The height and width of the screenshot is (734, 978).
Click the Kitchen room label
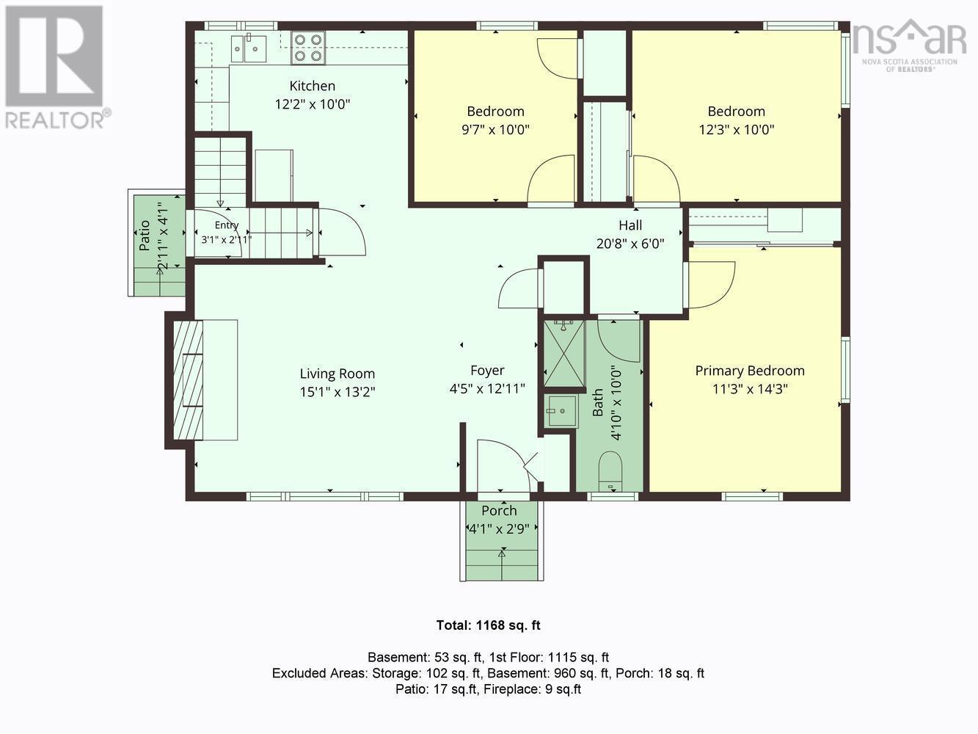[312, 86]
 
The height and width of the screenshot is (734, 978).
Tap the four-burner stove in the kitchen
[308, 48]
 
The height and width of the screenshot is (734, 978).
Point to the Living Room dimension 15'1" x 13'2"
[337, 392]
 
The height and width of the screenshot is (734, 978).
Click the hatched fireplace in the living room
[188, 380]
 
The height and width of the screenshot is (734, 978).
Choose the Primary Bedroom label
[750, 371]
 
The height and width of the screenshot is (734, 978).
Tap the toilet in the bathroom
[610, 471]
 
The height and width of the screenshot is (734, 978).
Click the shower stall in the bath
[563, 353]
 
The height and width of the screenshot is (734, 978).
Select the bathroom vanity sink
[562, 411]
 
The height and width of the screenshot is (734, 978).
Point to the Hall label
[630, 225]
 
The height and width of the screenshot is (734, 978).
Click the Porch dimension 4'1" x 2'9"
[499, 529]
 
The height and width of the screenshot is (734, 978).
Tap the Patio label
[144, 236]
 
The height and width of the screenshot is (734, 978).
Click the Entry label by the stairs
[227, 225]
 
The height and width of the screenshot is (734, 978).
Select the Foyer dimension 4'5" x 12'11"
[487, 389]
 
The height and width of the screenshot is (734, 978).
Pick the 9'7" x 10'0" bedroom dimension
[495, 130]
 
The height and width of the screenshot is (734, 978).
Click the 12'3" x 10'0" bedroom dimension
[737, 130]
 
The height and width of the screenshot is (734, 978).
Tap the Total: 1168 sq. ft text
[489, 625]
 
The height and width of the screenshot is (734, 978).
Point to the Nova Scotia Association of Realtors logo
[909, 46]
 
